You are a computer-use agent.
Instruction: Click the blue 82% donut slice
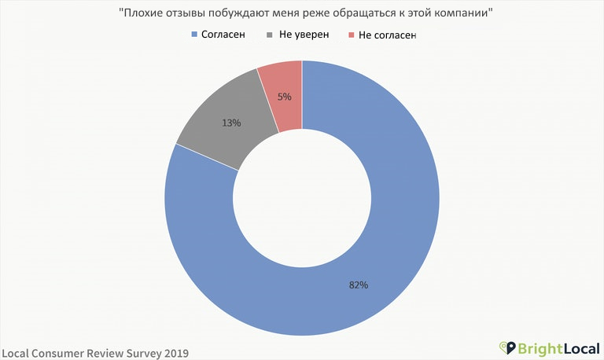click(x=393, y=236)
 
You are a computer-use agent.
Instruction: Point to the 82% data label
click(x=359, y=285)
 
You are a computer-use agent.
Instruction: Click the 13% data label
click(x=231, y=123)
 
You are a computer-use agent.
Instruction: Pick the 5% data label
click(x=284, y=97)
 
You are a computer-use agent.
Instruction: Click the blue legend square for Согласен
click(x=195, y=35)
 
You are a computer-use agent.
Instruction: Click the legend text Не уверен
click(x=303, y=35)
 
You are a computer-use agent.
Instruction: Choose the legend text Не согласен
click(x=386, y=35)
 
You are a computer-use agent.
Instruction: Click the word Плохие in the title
click(x=142, y=13)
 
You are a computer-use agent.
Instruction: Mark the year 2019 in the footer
click(x=175, y=353)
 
